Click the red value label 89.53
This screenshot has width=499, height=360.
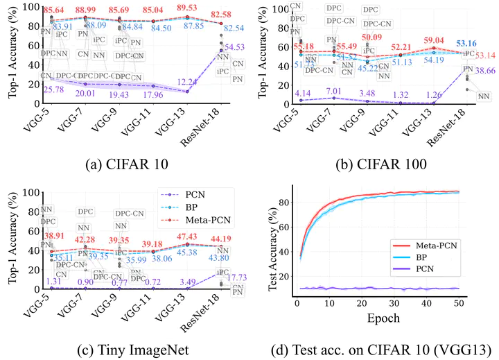tap(187, 8)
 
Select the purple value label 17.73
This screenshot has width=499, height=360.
tap(234, 278)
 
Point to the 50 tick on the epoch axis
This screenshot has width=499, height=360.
tap(457, 302)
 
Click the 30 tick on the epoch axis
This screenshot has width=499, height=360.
tap(393, 302)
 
